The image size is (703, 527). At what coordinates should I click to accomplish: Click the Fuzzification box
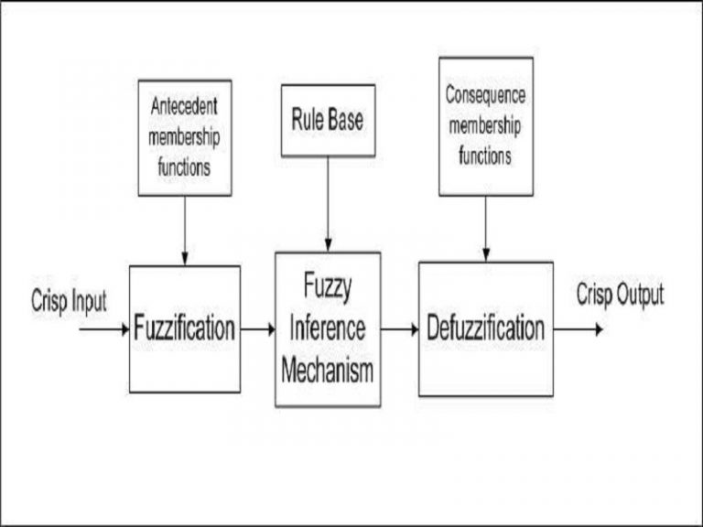185,328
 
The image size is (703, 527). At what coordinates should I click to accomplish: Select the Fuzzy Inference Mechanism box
328,329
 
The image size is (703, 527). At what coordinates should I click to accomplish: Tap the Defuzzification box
486,328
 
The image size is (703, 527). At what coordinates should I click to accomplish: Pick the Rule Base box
327,121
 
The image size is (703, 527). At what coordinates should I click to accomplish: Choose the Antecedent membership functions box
184,137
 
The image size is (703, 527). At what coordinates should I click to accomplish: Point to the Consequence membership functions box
485,126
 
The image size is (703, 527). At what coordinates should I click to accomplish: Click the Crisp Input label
69,301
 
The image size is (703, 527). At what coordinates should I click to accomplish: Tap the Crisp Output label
620,296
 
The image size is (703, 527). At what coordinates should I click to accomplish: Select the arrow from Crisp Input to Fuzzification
104,328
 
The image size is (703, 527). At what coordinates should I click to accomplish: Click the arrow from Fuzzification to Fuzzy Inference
257,328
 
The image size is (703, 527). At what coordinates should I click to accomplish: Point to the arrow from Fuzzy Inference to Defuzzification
399,328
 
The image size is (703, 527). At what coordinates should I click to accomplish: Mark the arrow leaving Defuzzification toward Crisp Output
578,328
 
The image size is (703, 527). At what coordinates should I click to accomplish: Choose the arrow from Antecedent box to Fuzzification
184,230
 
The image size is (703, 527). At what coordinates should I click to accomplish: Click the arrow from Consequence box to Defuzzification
485,228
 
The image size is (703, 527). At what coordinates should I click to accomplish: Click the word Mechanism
328,371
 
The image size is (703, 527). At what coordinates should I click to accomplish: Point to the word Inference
328,328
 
